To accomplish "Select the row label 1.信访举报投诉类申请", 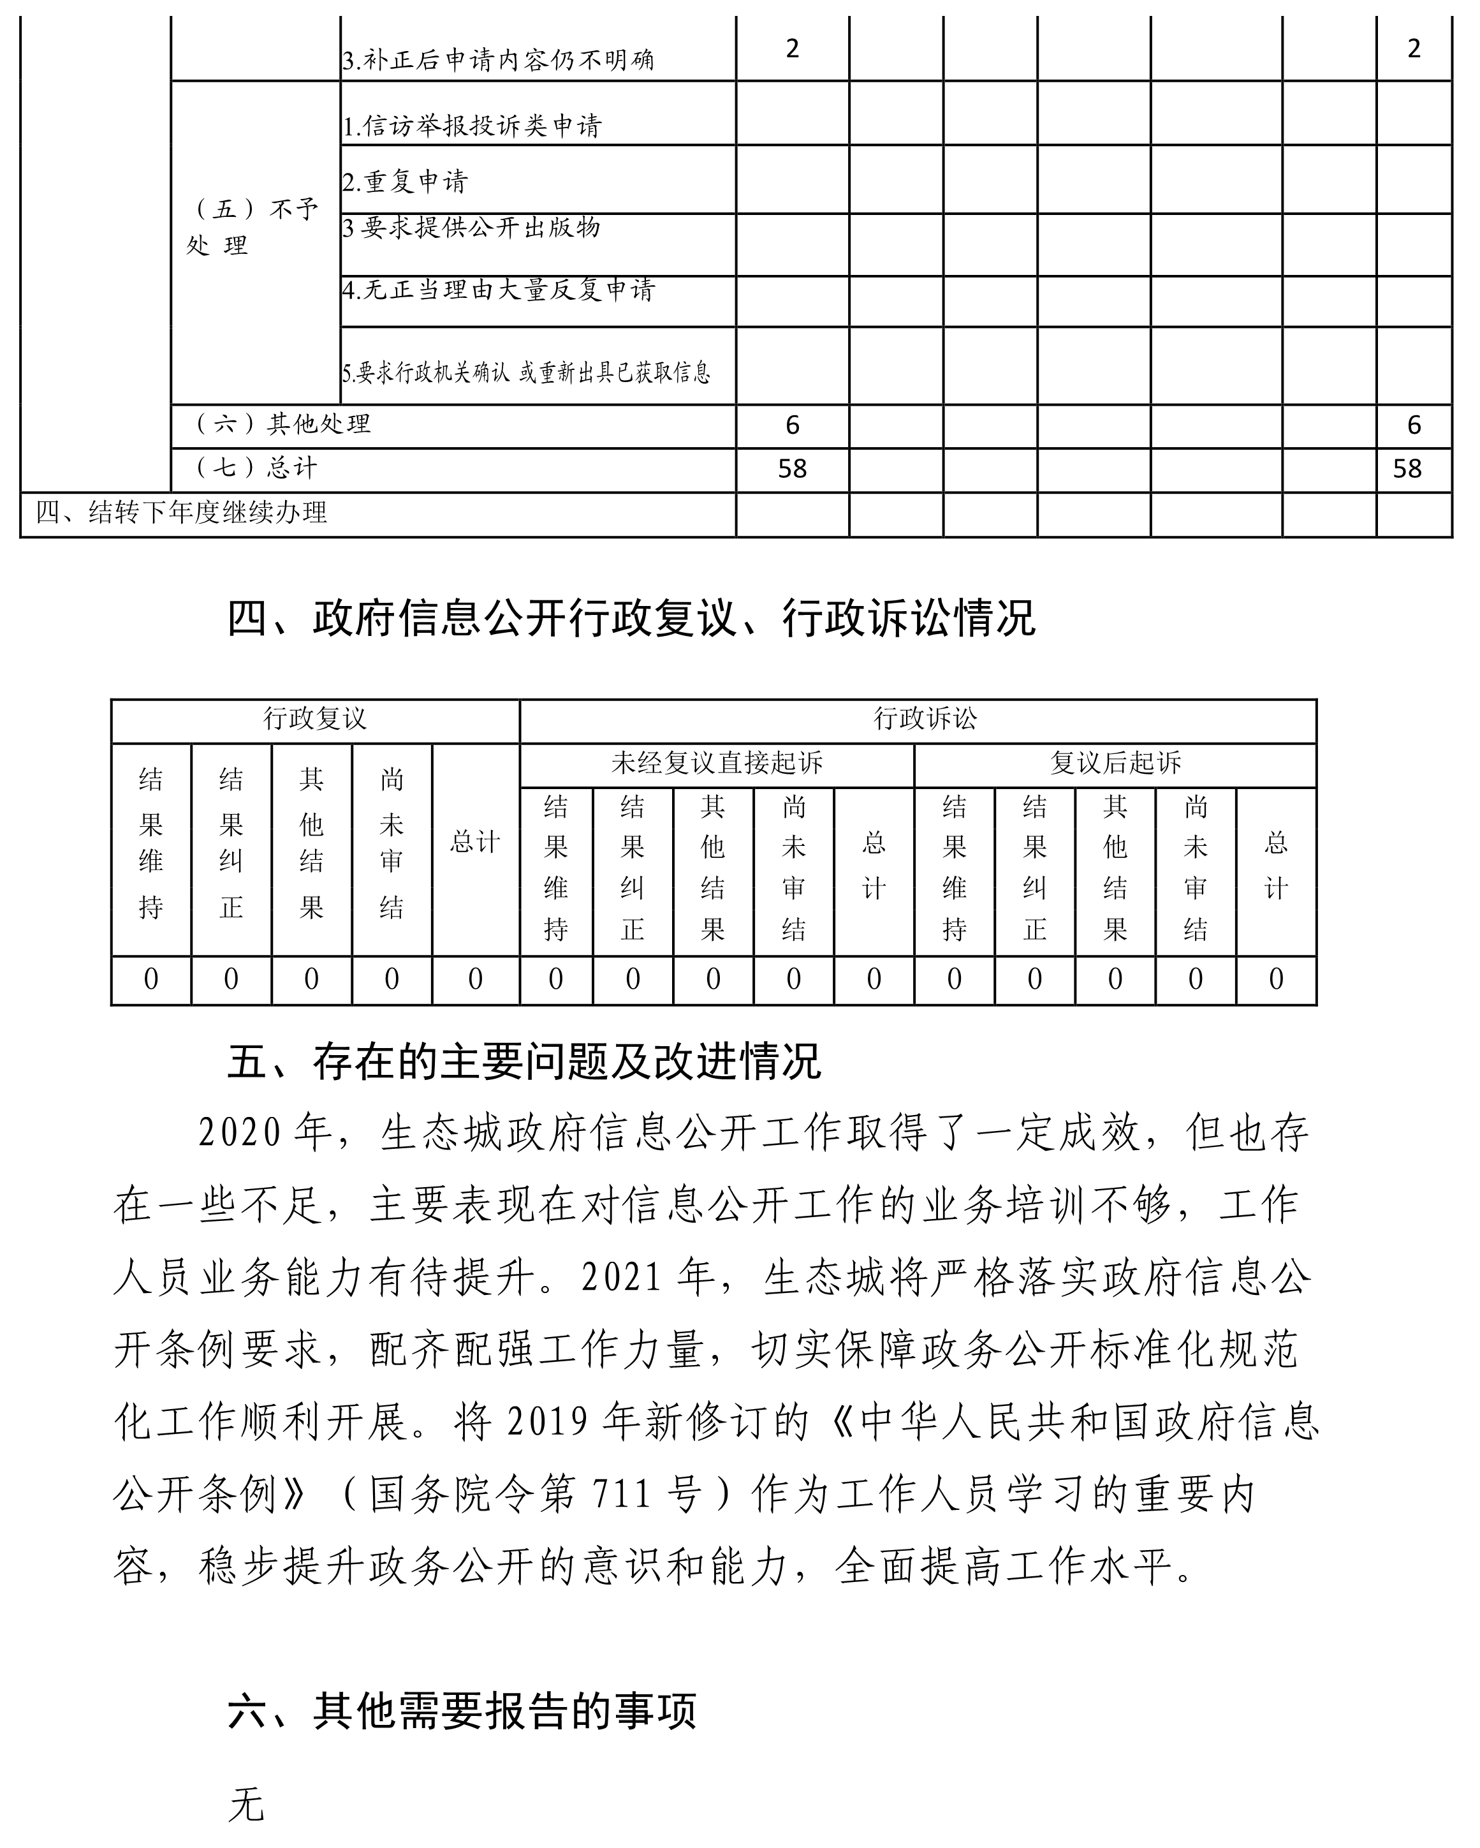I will (x=473, y=126).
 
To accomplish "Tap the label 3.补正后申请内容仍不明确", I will (x=498, y=60).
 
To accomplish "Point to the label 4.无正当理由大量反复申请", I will (x=498, y=290).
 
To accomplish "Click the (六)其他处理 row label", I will (x=284, y=424).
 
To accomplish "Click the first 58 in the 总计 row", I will (x=792, y=469).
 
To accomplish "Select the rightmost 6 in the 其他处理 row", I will (x=1414, y=425).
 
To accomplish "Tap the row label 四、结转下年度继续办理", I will (x=182, y=513).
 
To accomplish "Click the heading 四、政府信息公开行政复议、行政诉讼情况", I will (x=631, y=618).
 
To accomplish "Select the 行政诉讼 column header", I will (x=925, y=718).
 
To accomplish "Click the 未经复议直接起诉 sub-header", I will (x=717, y=763).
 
